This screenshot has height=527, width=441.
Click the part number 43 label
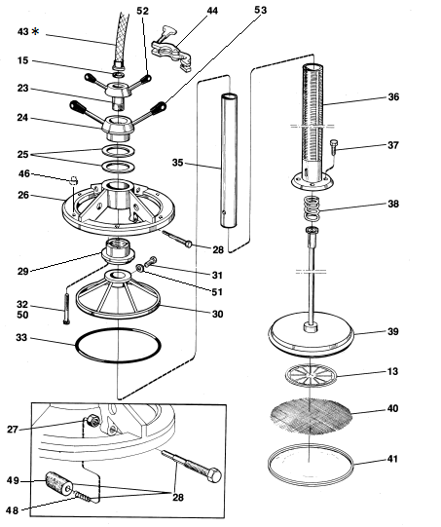[22, 32]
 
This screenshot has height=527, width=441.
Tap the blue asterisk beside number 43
[35, 31]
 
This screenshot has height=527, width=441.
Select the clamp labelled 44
[171, 52]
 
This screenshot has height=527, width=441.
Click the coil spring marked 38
[312, 209]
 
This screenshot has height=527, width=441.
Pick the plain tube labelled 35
[229, 161]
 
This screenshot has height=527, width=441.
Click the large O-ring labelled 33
[118, 346]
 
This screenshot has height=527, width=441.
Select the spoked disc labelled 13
[311, 375]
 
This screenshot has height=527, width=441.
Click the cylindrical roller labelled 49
[59, 483]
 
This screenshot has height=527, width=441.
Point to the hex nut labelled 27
[92, 421]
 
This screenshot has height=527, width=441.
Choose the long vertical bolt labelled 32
[66, 309]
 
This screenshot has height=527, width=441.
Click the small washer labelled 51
[140, 268]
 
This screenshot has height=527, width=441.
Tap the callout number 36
[393, 97]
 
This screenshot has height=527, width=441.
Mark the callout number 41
[392, 459]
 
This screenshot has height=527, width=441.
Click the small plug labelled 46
[74, 180]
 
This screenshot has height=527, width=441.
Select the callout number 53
[260, 10]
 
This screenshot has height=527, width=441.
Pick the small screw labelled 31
[151, 261]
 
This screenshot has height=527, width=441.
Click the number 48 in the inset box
[12, 510]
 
